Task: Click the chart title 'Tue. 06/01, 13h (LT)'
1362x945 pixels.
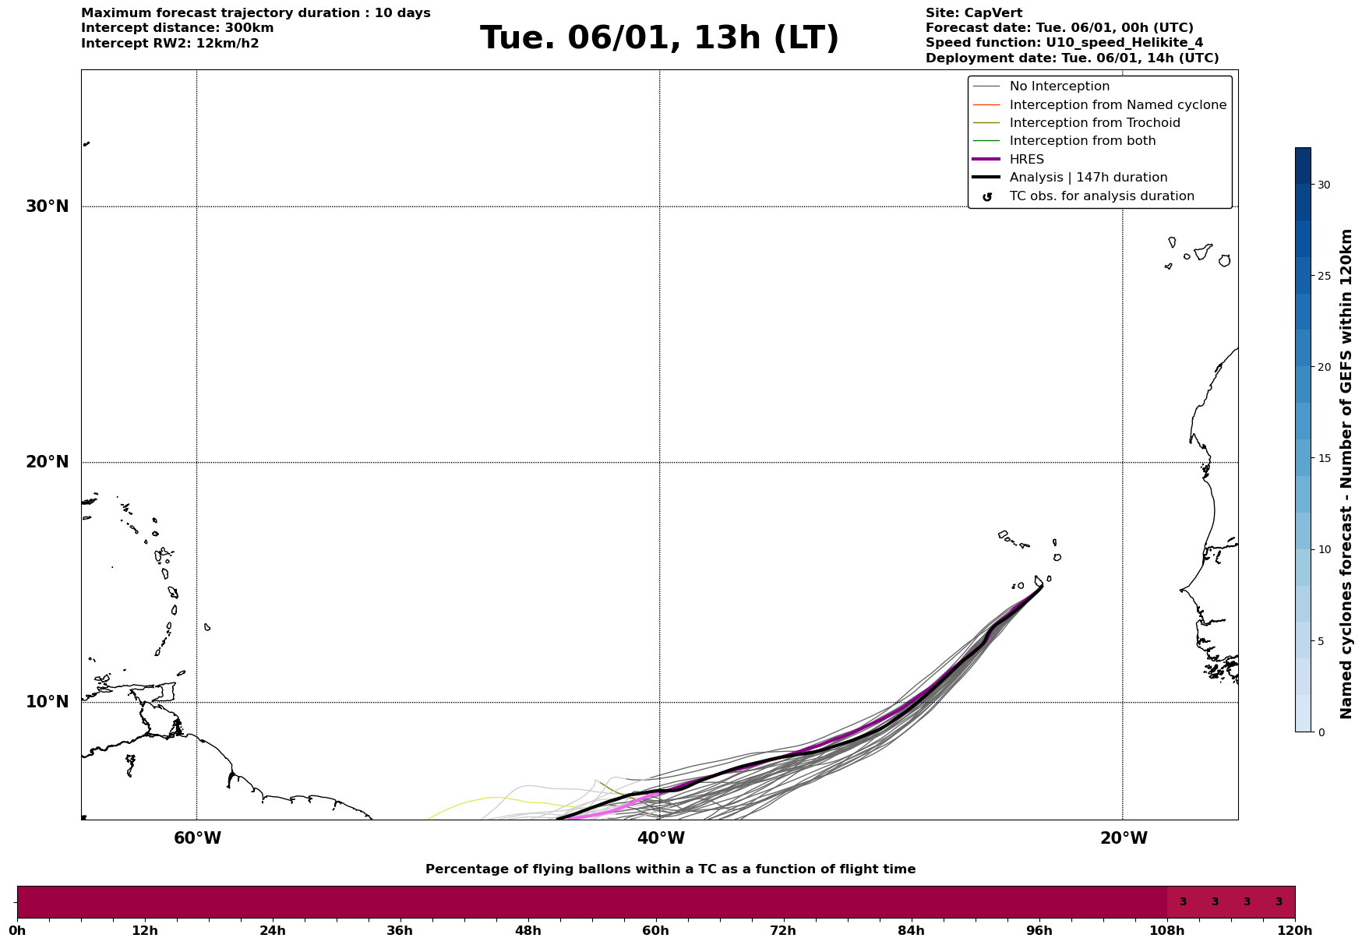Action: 659,38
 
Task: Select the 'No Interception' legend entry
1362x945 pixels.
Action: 1059,86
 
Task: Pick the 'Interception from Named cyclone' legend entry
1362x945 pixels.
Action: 1117,105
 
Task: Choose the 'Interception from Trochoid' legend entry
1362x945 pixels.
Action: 1094,123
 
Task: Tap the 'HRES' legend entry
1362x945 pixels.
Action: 1026,160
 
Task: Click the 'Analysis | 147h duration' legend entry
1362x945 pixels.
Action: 1088,178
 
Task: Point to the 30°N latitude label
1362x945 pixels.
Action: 48,206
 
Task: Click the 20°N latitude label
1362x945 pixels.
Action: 48,462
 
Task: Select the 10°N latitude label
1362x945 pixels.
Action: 48,702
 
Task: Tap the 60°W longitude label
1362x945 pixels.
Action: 197,838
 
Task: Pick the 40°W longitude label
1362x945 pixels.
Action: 660,838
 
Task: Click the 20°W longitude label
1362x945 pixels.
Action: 1123,838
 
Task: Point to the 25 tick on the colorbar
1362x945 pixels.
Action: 1324,276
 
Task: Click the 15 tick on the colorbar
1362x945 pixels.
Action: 1324,458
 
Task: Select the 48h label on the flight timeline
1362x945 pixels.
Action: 528,931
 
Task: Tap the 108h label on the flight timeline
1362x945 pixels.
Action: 1166,931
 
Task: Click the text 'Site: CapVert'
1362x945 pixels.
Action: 973,13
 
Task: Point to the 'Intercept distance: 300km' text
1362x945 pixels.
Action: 177,28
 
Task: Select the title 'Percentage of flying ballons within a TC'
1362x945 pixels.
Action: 670,869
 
